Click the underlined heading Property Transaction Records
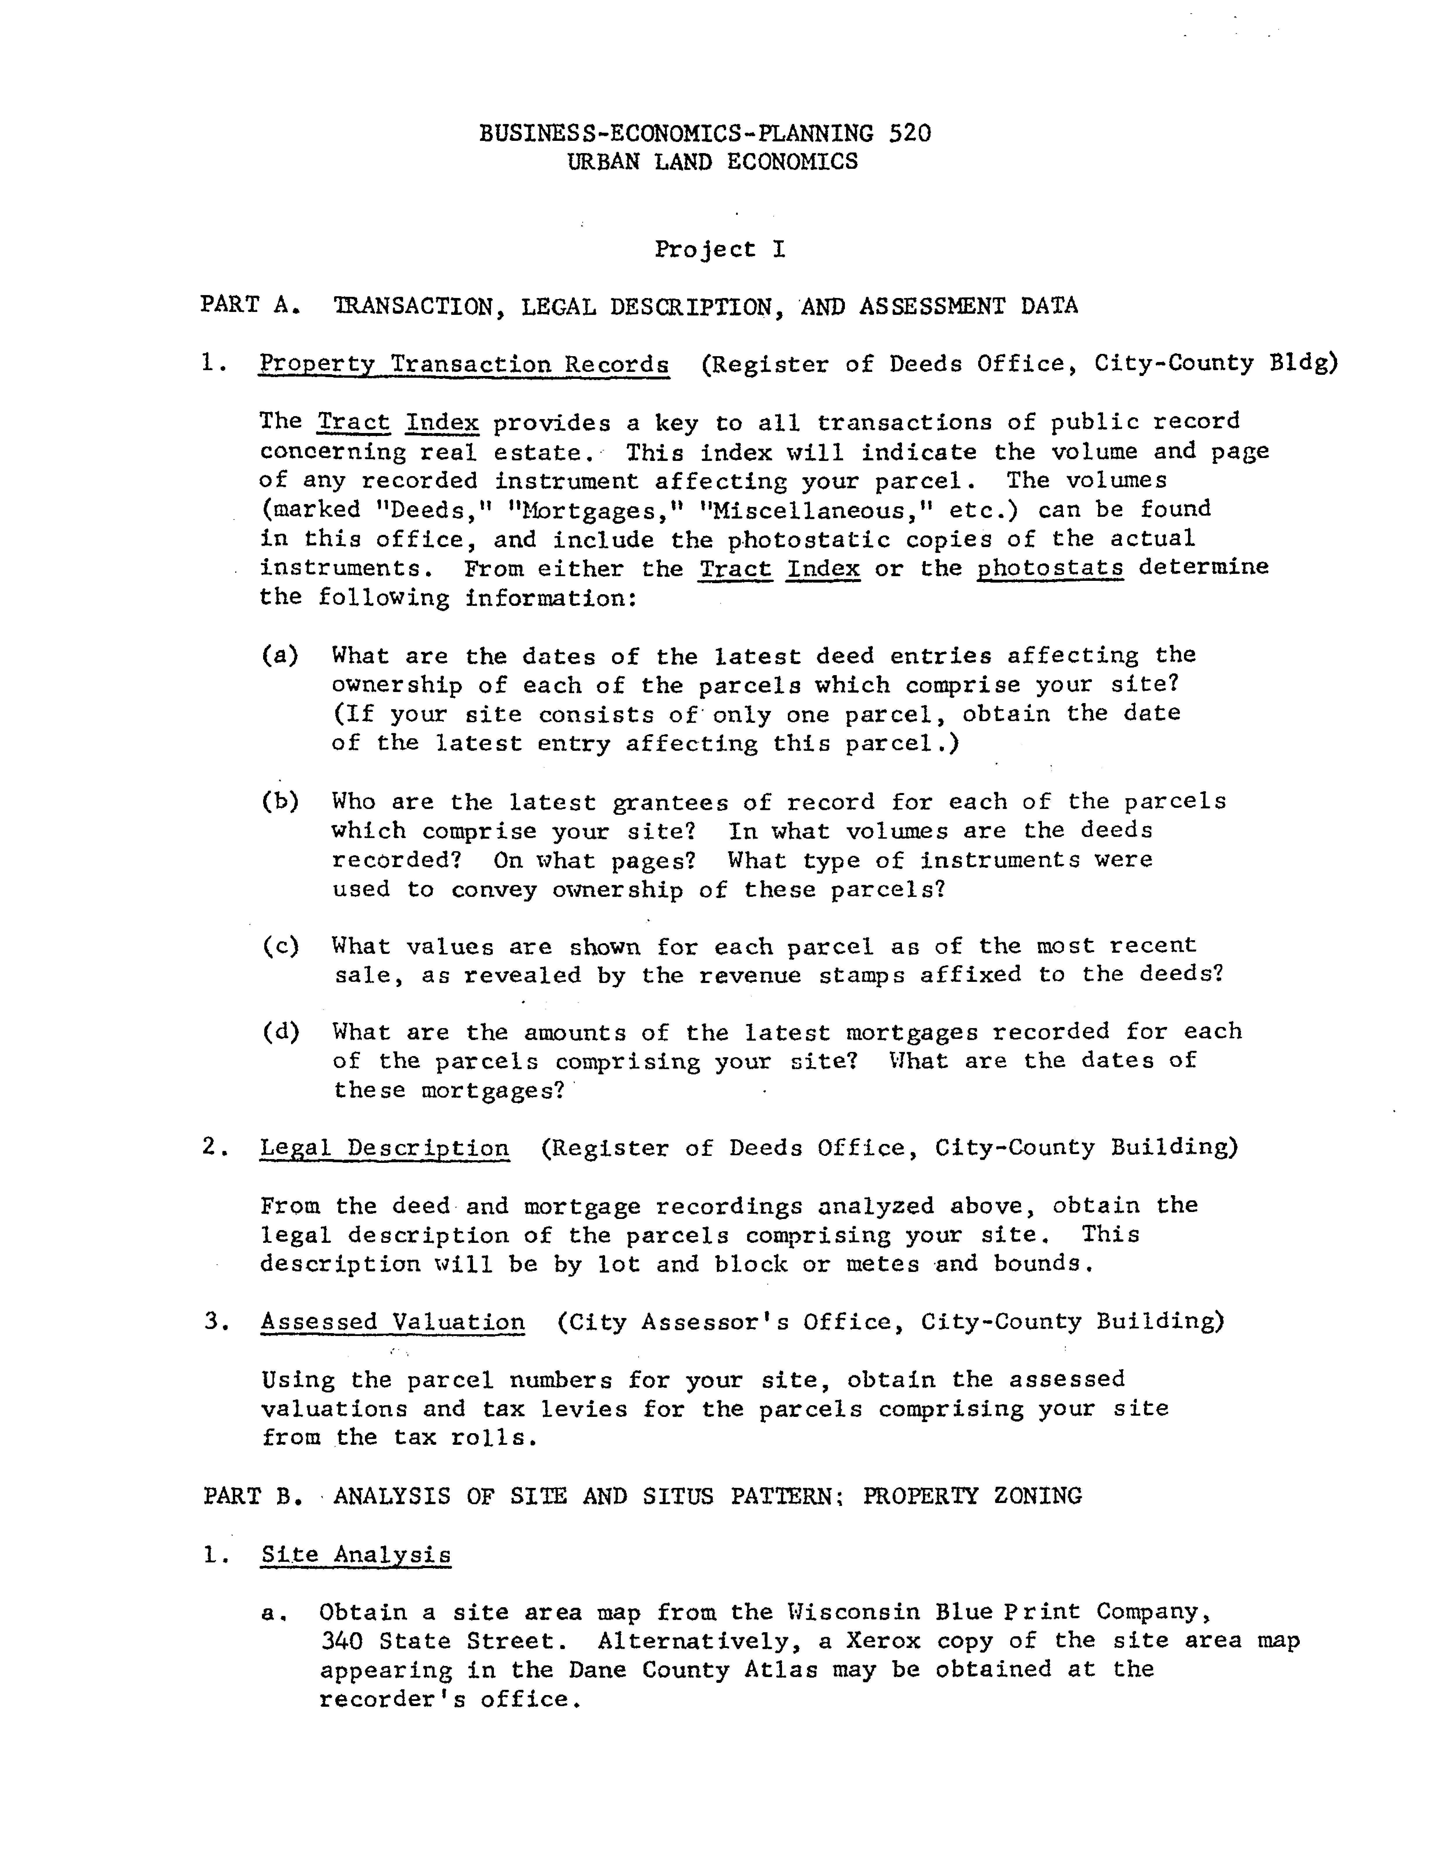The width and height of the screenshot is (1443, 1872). pyautogui.click(x=464, y=364)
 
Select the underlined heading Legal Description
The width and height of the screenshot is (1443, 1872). pyautogui.click(x=385, y=1149)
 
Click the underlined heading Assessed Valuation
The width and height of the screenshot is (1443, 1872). pyautogui.click(x=393, y=1322)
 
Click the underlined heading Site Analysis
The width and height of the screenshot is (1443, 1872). pyautogui.click(x=356, y=1555)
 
